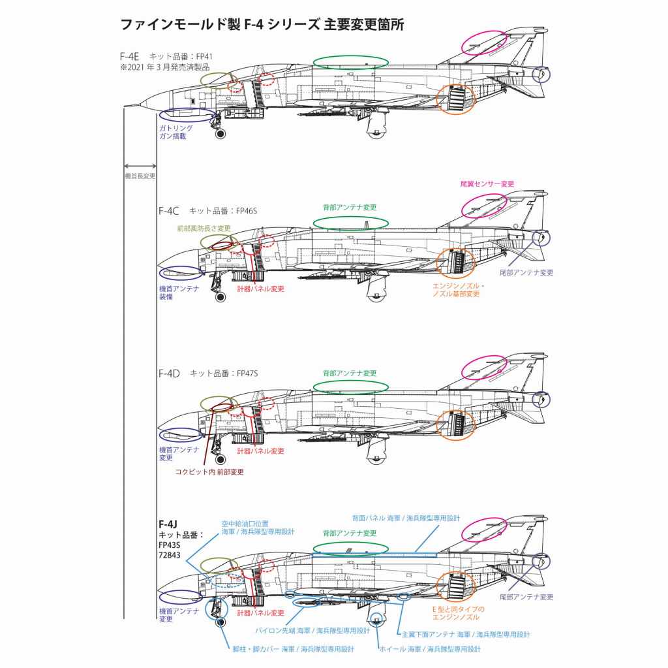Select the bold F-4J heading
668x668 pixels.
(169, 524)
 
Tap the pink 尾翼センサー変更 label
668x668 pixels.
(487, 184)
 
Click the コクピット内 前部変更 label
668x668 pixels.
(209, 471)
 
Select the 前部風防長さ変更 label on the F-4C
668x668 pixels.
(204, 229)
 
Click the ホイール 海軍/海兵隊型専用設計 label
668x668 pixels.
(430, 649)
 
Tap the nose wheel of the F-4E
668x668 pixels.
(220, 134)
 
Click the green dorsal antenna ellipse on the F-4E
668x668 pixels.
(350, 62)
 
